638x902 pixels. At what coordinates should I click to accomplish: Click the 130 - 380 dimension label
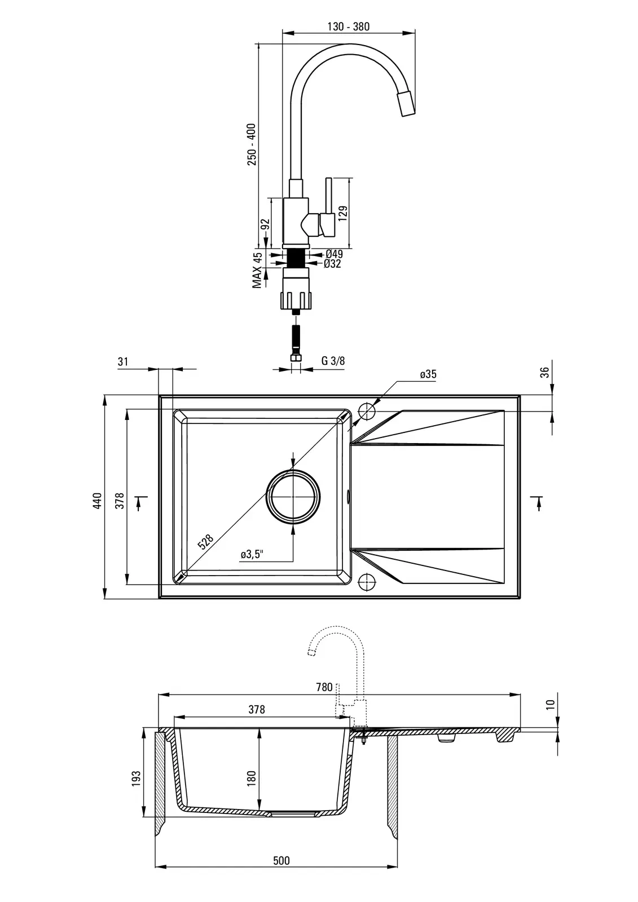[x=348, y=26]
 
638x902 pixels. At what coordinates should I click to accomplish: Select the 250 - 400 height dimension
[x=252, y=144]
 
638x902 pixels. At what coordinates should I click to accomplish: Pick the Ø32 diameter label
[x=332, y=263]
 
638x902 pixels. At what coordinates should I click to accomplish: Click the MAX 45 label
[x=257, y=270]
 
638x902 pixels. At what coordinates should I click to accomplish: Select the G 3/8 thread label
[x=333, y=361]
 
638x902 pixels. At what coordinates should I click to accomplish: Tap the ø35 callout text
[x=428, y=374]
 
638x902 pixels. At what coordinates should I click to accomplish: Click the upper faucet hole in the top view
[x=366, y=412]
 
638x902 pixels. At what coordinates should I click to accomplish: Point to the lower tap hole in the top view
[x=366, y=581]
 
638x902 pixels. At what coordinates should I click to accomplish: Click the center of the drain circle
[x=294, y=497]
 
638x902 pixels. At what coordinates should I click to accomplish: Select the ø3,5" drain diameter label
[x=253, y=554]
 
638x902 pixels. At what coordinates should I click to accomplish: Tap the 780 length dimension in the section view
[x=324, y=687]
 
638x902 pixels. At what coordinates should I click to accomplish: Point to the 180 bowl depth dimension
[x=252, y=777]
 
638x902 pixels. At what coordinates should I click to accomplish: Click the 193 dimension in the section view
[x=136, y=779]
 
